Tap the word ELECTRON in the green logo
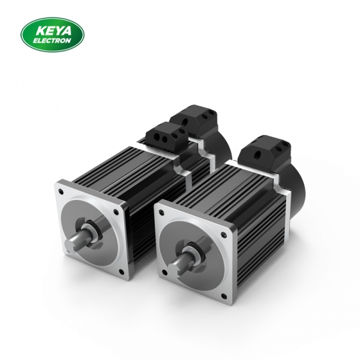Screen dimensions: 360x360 tap(55, 41)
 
